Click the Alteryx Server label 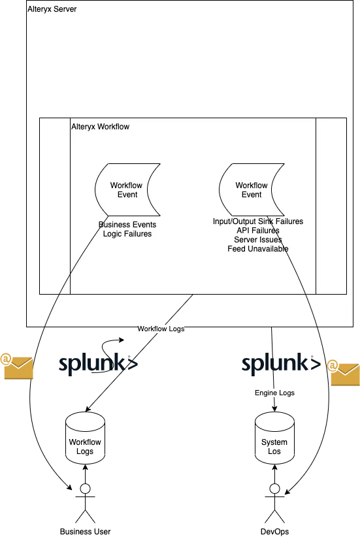click(52, 9)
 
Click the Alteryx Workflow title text click(101, 127)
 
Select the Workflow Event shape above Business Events click(127, 189)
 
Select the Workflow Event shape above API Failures click(252, 189)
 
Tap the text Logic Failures click(127, 234)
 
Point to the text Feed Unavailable click(258, 249)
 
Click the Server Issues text click(258, 240)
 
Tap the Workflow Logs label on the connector click(161, 329)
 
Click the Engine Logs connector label click(274, 393)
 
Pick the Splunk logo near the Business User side click(98, 364)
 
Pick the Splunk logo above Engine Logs click(281, 364)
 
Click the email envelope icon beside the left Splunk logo click(16, 366)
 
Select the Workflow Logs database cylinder click(86, 438)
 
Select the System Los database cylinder click(274, 438)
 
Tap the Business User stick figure click(86, 504)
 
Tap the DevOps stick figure click(274, 504)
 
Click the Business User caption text click(86, 532)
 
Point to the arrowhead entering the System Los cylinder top click(274, 409)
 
